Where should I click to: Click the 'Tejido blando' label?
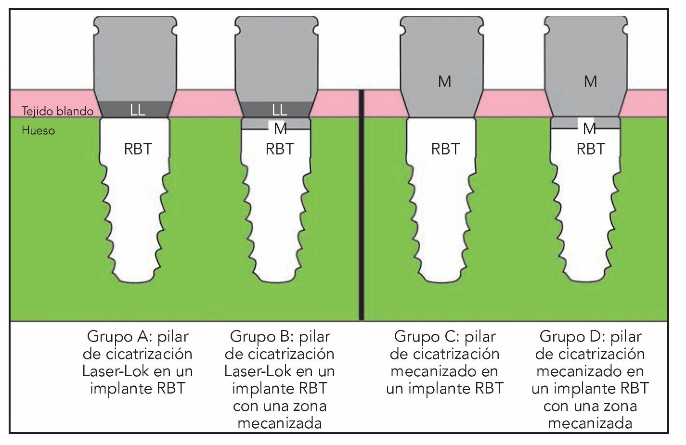[57, 111]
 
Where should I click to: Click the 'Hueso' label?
[38, 130]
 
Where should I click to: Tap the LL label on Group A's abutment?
[137, 110]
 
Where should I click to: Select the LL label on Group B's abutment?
[279, 110]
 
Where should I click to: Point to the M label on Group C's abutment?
[444, 82]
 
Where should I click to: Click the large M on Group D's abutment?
[590, 82]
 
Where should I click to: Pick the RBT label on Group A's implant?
[138, 149]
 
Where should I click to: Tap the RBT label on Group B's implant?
[279, 149]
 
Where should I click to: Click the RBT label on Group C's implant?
[445, 149]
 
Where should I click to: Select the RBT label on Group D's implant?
[590, 149]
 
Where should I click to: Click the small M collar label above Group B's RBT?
[280, 128]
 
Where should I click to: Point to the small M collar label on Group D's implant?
[590, 128]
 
